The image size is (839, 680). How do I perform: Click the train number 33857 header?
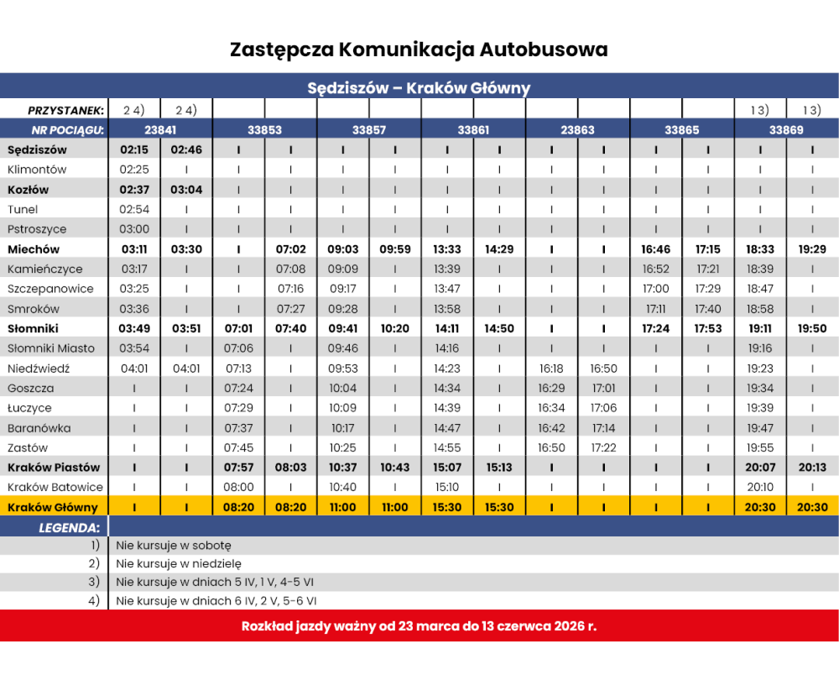[x=369, y=130]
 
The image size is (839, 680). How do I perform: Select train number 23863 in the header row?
[x=577, y=130]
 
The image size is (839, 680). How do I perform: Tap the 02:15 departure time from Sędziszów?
[x=134, y=150]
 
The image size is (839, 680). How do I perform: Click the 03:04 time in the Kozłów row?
[x=186, y=190]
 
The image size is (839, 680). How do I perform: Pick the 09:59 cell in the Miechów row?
[x=394, y=249]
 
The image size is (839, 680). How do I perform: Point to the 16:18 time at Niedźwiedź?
[x=551, y=369]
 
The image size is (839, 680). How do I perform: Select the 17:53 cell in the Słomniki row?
[x=708, y=328]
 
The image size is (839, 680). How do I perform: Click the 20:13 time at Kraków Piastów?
[x=812, y=468]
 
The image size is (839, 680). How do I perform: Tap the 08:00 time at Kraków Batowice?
[x=239, y=487]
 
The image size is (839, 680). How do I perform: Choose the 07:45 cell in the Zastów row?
[x=239, y=447]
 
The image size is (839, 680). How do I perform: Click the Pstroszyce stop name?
[x=37, y=229]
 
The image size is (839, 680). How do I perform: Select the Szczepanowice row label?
[x=50, y=289]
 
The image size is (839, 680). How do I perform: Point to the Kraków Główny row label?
[x=53, y=507]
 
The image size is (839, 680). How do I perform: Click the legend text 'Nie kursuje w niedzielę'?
[x=179, y=563]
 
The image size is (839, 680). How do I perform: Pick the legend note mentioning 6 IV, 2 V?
[x=216, y=601]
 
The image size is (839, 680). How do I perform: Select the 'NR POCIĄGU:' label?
[x=67, y=130]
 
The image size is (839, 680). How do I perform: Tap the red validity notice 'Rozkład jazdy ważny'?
[x=419, y=626]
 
